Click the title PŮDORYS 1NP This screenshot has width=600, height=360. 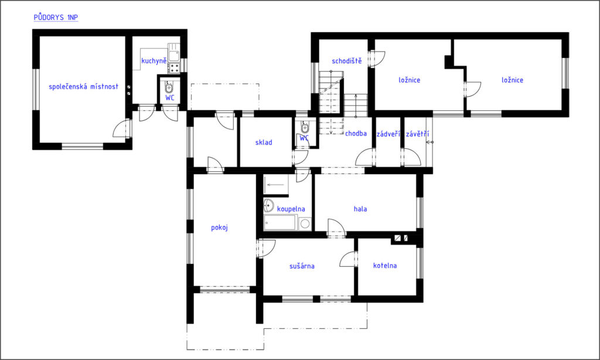pyautogui.click(x=56, y=17)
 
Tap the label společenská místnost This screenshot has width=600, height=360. pyautogui.click(x=83, y=87)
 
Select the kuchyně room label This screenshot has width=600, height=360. pyautogui.click(x=154, y=60)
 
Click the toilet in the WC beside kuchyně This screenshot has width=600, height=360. pyautogui.click(x=169, y=87)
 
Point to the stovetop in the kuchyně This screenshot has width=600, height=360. pyautogui.click(x=174, y=68)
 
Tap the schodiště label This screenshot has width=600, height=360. pyautogui.click(x=347, y=61)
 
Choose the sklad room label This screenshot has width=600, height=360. pyautogui.click(x=264, y=142)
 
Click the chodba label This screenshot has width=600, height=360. pyautogui.click(x=356, y=133)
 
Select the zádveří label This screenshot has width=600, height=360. pyautogui.click(x=388, y=134)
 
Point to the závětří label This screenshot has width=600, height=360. pyautogui.click(x=417, y=134)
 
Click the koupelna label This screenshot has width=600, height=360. pyautogui.click(x=291, y=209)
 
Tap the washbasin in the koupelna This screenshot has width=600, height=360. pyautogui.click(x=268, y=206)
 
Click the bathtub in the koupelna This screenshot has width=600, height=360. pyautogui.click(x=280, y=223)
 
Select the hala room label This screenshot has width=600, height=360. pyautogui.click(x=360, y=209)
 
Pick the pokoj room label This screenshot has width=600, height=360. pyautogui.click(x=219, y=227)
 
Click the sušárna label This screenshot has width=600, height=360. pyautogui.click(x=302, y=266)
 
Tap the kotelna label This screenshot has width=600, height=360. pyautogui.click(x=385, y=266)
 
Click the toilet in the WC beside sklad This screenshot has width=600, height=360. pyautogui.click(x=305, y=127)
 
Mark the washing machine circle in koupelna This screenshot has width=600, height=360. pyautogui.click(x=305, y=223)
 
